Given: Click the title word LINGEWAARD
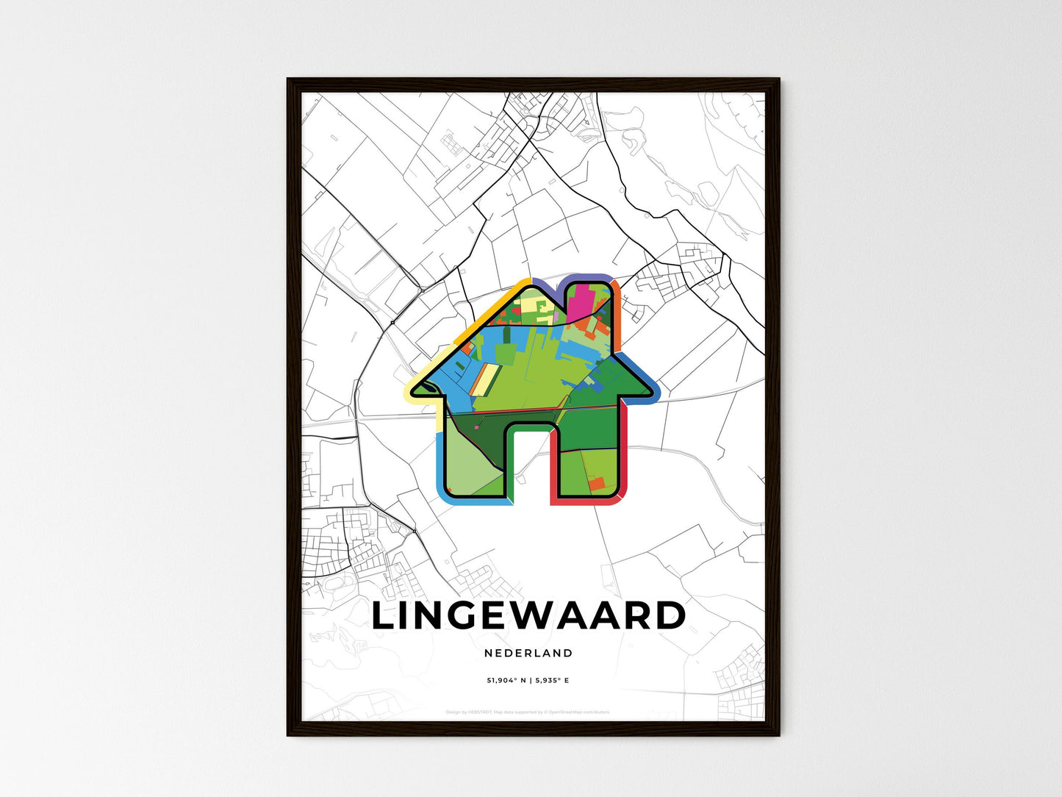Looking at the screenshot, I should [x=528, y=616].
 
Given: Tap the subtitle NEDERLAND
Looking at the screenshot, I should [x=528, y=653].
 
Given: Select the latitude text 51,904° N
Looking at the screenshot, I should [x=506, y=680].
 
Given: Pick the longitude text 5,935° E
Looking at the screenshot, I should [x=551, y=680].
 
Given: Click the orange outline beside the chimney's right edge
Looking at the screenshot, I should [x=616, y=316].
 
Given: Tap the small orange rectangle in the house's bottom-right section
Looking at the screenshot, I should [x=595, y=483].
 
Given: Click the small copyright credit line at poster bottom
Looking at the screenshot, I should [x=528, y=712].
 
